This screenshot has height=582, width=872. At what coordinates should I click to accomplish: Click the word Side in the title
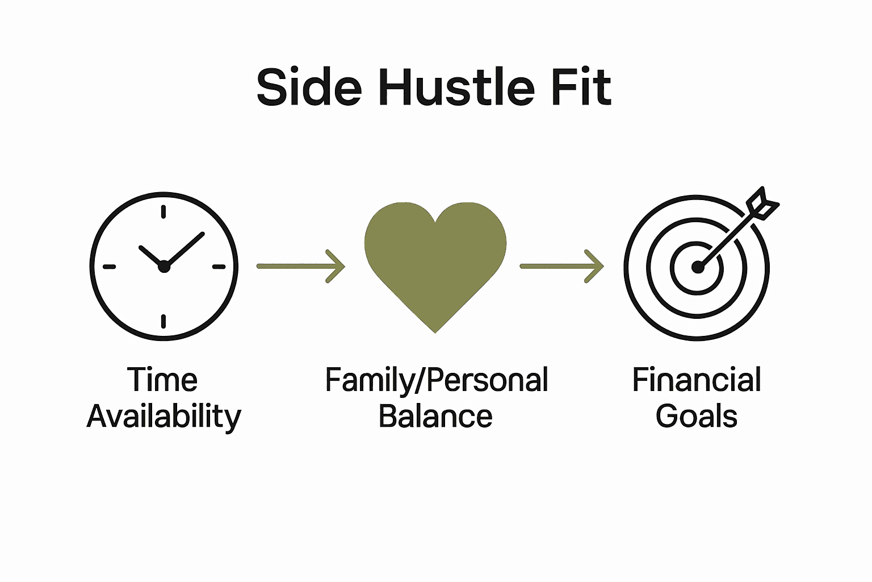coord(309,88)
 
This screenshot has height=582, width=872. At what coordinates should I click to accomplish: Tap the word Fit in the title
coord(584,88)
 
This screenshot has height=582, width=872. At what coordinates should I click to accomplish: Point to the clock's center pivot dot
coord(164,266)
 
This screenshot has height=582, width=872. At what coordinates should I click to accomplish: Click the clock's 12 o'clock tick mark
coord(163,212)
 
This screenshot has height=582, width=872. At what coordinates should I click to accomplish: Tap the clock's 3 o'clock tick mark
coord(219,267)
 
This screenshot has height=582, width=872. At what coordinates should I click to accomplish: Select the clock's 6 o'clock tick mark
coord(163,321)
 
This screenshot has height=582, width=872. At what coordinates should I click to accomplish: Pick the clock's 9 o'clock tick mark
coord(109,267)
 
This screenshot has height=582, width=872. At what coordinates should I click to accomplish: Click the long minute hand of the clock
coord(186,248)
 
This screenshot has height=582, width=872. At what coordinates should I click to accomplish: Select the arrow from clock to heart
coord(300,266)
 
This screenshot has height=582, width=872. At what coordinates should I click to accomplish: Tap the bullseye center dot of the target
coord(697,267)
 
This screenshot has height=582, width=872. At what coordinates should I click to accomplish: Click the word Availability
coord(164,417)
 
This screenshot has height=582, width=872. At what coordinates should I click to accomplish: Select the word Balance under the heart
coord(435,417)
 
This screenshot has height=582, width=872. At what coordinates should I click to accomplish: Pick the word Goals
coord(697,417)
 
